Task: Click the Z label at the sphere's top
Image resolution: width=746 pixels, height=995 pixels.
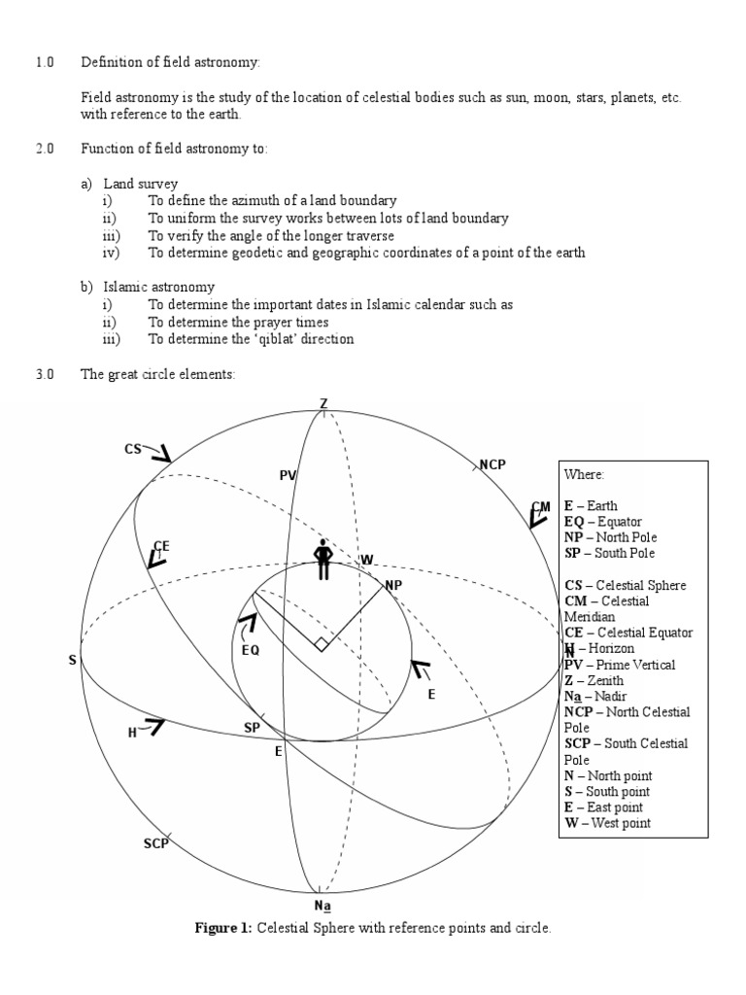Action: click(x=323, y=404)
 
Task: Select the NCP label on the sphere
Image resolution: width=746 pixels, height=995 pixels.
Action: click(x=492, y=464)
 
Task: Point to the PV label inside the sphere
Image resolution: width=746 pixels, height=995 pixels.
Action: click(x=288, y=475)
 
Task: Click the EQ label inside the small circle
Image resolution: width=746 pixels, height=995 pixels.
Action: click(x=251, y=650)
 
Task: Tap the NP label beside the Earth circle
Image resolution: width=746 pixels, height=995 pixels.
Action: click(x=393, y=585)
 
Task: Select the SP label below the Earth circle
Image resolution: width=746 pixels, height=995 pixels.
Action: click(x=252, y=728)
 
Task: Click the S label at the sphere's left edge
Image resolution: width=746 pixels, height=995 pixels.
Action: click(x=72, y=661)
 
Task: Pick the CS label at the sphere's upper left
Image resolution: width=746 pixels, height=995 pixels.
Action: click(x=133, y=449)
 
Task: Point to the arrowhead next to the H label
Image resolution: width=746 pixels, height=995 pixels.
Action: click(x=154, y=724)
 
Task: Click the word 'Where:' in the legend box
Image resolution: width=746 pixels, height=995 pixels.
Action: click(x=584, y=474)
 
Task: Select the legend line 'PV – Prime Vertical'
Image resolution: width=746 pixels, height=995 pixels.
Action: click(x=620, y=665)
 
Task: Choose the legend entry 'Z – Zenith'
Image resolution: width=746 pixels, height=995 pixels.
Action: click(x=594, y=680)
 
